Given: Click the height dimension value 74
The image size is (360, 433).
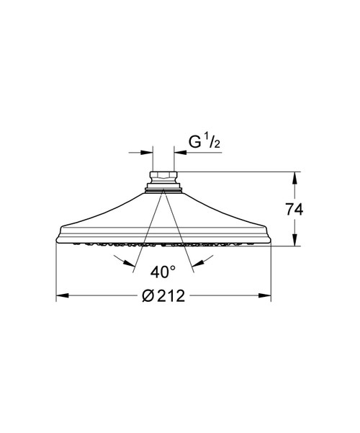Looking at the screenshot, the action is [x=294, y=210].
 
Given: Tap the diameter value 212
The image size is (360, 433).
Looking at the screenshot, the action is [x=171, y=296].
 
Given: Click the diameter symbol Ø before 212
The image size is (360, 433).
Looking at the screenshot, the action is [x=149, y=296].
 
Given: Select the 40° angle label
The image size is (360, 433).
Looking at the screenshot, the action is [x=163, y=272].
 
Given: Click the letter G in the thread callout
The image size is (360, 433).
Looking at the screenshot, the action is [x=195, y=142].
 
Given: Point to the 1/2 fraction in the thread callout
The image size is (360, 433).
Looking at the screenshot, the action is [x=213, y=142].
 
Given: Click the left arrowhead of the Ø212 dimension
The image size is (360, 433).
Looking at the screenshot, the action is [x=63, y=295].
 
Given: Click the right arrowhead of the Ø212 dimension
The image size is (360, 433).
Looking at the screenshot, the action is [x=265, y=295].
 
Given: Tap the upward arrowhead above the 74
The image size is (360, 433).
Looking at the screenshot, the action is [x=295, y=178].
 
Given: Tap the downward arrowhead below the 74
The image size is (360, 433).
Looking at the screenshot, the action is [x=295, y=239].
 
